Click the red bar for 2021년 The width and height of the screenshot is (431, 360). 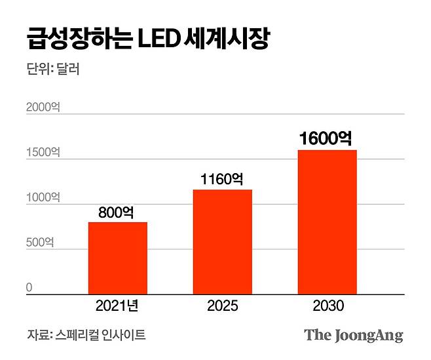tap(118, 258)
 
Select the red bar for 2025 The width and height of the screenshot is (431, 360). tap(222, 242)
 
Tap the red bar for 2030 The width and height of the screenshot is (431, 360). tap(328, 222)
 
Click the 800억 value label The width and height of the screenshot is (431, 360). tap(117, 212)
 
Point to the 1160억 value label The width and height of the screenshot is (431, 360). tap(222, 179)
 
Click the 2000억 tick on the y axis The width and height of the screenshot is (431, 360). tap(43, 108)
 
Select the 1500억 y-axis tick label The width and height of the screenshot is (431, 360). tap(43, 153)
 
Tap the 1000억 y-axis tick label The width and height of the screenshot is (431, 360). tap(43, 197)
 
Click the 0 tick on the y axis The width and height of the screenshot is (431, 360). tap(29, 287)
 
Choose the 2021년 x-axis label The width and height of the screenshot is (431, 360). tap(117, 306)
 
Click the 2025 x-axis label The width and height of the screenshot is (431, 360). tap(222, 306)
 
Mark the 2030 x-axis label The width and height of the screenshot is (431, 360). tap(327, 306)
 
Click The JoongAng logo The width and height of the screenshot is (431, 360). tap(353, 335)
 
